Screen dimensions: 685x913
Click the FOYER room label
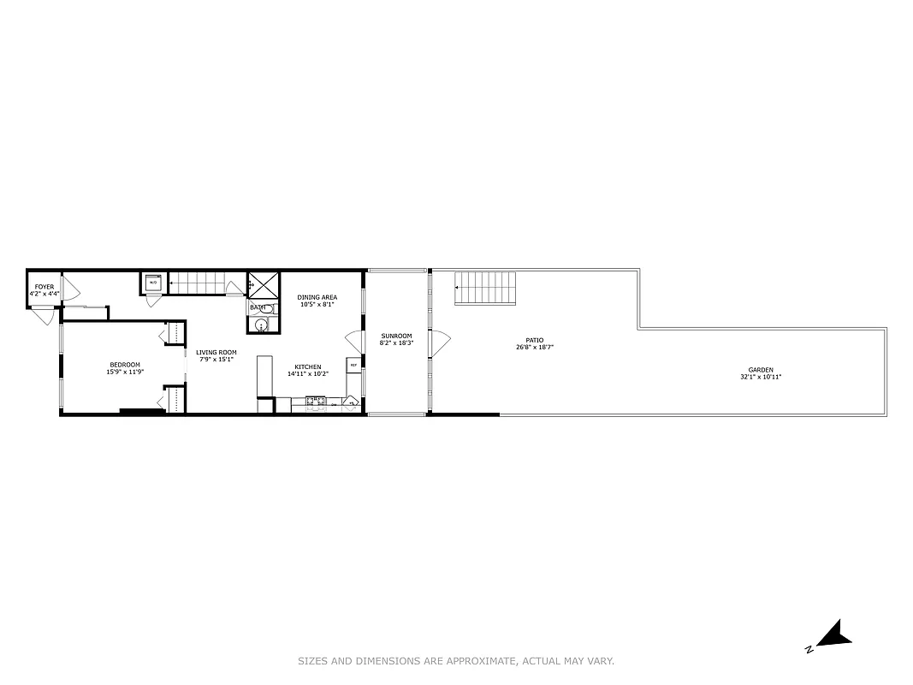coord(44,287)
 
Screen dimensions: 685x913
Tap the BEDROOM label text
coord(124,365)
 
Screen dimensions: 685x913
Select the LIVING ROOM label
coord(216,352)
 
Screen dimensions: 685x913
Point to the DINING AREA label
coord(317,297)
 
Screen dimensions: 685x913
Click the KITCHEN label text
coord(308,366)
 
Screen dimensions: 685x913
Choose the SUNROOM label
coord(396,336)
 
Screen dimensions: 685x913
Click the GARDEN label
coord(760,370)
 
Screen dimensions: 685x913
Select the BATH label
coord(257,307)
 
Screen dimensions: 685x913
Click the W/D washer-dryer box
coord(153,283)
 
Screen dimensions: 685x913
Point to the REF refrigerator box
coord(353,365)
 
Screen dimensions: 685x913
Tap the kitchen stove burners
coord(316,400)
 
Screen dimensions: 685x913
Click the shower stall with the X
coord(263,283)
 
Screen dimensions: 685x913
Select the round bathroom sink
coord(261,324)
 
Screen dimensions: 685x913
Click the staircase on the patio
coord(486,288)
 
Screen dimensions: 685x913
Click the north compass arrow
coord(833,634)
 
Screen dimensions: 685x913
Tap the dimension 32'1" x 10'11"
coord(760,377)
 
